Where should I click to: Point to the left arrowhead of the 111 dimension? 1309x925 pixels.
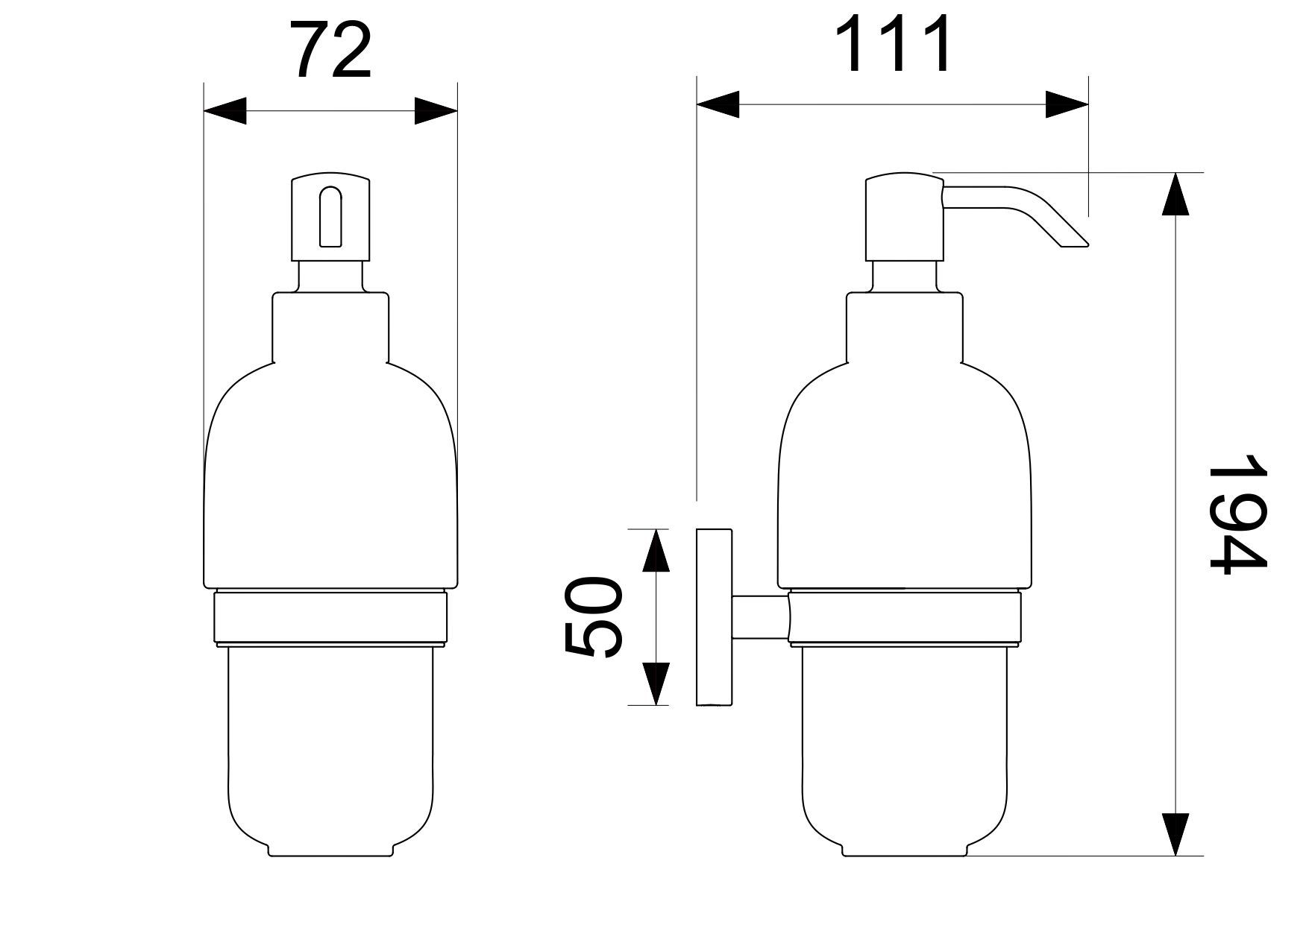tap(718, 105)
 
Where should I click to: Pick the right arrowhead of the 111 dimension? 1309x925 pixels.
tap(1067, 105)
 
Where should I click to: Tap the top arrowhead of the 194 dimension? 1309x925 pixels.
tap(1175, 194)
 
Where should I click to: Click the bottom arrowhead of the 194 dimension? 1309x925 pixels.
tap(1175, 834)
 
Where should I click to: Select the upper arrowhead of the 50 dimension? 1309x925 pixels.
tap(656, 550)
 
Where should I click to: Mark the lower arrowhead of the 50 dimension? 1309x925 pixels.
tap(656, 684)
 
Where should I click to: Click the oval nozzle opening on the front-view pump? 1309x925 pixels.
tap(330, 217)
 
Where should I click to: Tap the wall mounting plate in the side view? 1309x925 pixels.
tap(714, 617)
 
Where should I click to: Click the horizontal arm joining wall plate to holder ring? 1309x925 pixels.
tap(760, 617)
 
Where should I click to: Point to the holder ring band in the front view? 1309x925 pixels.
tap(330, 616)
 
